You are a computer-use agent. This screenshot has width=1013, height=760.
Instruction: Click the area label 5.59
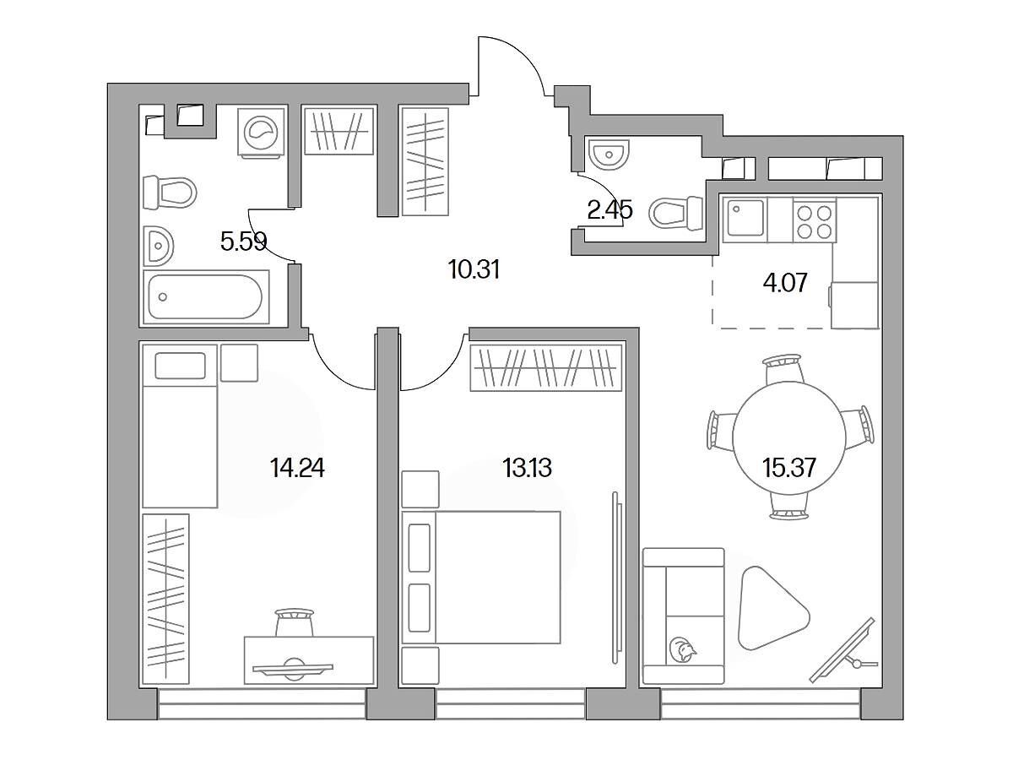244,241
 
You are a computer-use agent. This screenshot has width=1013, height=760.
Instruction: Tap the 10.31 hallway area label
474,269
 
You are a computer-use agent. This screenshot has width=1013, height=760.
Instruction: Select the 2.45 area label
609,211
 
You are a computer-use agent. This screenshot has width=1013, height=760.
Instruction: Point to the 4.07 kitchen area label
785,283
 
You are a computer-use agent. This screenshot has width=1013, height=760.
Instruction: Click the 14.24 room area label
297,469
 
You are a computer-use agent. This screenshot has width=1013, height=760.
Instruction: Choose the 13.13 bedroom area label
527,468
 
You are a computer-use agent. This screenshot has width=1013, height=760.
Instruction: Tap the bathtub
206,297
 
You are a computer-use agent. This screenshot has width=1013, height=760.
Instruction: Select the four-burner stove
815,220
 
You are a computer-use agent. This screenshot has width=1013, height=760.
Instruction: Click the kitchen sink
745,220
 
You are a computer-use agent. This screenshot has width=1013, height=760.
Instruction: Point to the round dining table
789,437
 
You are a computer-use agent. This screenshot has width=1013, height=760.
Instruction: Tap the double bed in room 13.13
481,578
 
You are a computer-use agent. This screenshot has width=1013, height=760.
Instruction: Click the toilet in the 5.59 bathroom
170,193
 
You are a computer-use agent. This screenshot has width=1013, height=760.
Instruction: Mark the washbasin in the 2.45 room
609,154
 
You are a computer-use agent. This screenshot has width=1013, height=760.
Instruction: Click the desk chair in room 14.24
295,622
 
